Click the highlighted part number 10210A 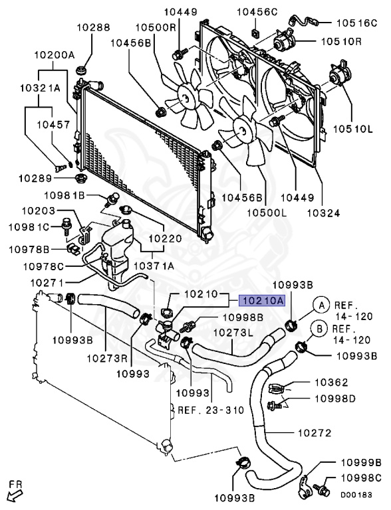pyautogui.click(x=261, y=301)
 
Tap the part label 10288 pyautogui.click(x=94, y=27)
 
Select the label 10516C pyautogui.click(x=356, y=23)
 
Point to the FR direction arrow pyautogui.click(x=15, y=495)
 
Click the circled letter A pyautogui.click(x=321, y=305)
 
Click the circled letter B pyautogui.click(x=319, y=329)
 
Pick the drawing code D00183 pyautogui.click(x=356, y=495)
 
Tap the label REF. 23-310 pyautogui.click(x=211, y=410)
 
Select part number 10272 pyautogui.click(x=315, y=433)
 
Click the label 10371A pyautogui.click(x=154, y=266)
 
